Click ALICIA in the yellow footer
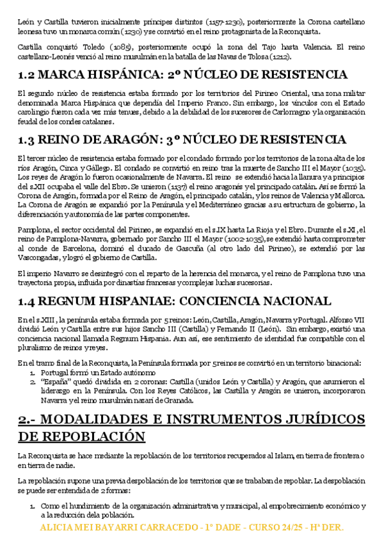pos(57,529)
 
